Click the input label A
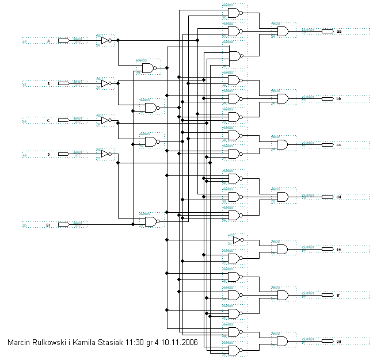48,41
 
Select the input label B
48,84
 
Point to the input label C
48,121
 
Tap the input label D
48,154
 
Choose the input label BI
49,224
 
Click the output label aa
339,31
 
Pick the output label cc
339,144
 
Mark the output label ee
339,249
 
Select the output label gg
339,342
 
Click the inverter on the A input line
106,41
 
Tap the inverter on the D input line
106,154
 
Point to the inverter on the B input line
106,84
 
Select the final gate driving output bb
283,99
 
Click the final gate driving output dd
283,197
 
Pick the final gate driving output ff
283,295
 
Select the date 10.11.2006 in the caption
180,342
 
